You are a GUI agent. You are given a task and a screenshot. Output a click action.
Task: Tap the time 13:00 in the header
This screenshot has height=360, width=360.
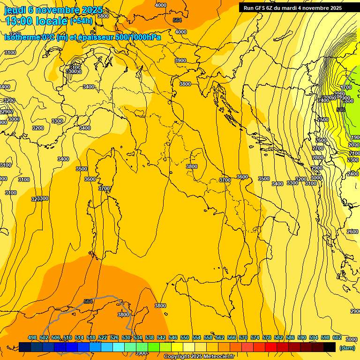coord(19,21)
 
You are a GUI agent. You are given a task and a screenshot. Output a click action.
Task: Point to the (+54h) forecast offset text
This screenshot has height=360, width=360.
coord(81,21)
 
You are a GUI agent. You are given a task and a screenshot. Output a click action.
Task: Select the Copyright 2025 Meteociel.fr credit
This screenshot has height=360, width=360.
coord(199,357)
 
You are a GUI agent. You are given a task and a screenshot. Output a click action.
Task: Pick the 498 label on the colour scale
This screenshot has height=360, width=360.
coord(32,338)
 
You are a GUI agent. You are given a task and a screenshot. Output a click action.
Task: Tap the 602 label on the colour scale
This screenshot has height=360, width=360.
coord(337,338)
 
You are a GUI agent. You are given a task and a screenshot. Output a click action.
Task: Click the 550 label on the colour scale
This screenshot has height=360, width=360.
coord(185,338)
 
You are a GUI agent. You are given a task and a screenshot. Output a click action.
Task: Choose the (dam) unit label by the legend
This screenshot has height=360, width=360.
coord(347,347)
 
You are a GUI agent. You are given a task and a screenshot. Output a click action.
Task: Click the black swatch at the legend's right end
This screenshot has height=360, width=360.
coord(330,347)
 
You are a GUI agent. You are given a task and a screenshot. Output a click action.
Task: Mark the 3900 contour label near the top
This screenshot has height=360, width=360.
coord(180,60)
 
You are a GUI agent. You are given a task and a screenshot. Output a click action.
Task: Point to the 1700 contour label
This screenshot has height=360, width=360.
coord(346,88)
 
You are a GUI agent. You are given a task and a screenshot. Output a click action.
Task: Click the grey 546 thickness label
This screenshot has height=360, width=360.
coord(341,110)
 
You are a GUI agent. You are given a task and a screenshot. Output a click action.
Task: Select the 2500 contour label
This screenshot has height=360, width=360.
coord(322,120)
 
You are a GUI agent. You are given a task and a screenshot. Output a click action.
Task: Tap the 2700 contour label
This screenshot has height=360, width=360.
coord(318,148)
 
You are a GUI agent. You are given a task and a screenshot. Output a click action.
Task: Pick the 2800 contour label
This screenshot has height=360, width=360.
coord(318,157)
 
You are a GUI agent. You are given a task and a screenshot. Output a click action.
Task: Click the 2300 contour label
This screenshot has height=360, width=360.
coord(353,160)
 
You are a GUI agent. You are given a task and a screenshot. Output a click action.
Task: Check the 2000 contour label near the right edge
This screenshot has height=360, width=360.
coord(354,145)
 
